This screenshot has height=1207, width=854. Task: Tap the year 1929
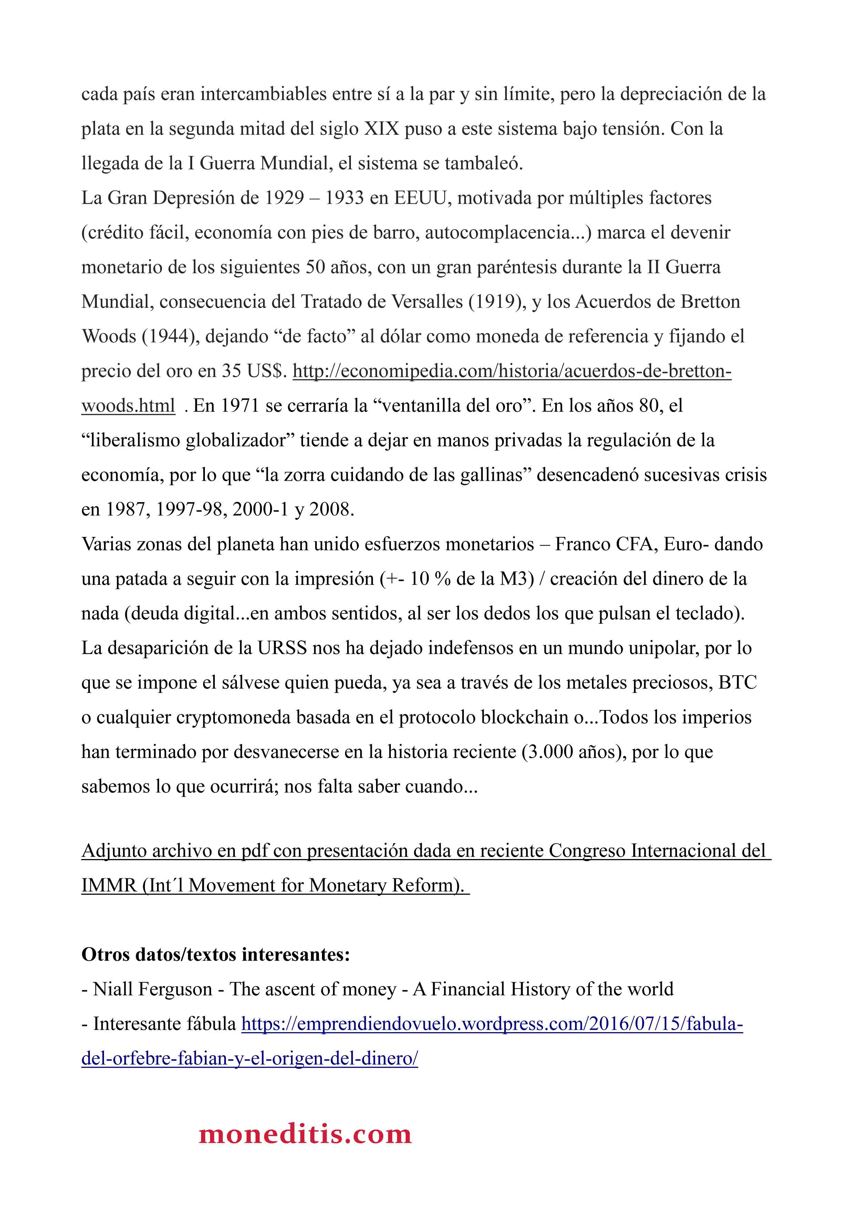pos(284,198)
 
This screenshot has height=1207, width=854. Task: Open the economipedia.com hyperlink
pos(512,371)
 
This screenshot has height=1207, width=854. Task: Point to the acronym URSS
pos(282,648)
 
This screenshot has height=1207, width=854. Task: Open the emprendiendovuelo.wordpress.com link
pos(492,1024)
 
